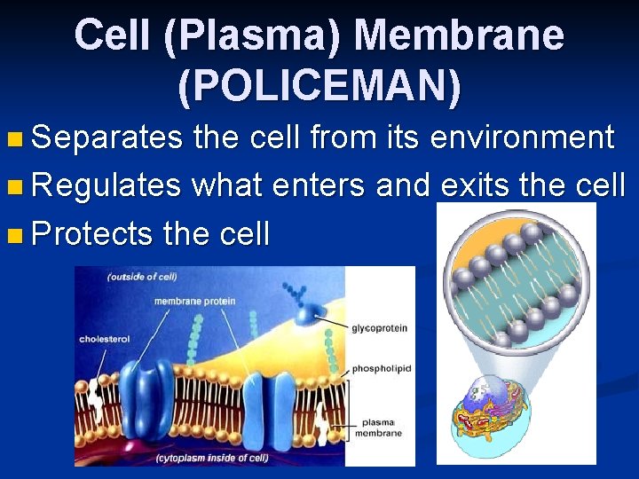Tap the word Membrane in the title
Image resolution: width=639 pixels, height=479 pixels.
pyautogui.click(x=459, y=35)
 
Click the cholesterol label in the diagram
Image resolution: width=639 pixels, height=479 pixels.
pyautogui.click(x=104, y=339)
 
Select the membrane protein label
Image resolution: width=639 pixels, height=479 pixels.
pyautogui.click(x=194, y=302)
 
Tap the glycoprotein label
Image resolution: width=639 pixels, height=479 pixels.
pyautogui.click(x=379, y=328)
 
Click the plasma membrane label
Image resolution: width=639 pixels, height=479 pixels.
pyautogui.click(x=379, y=428)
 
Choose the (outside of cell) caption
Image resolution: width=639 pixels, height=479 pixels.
pyautogui.click(x=141, y=277)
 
